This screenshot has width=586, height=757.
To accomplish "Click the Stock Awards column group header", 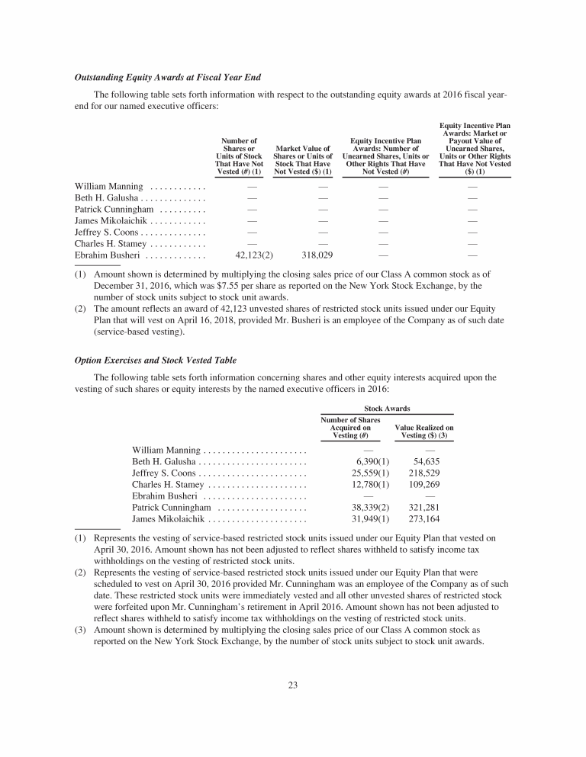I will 387,409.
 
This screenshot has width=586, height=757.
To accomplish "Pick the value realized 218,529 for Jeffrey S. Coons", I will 423,473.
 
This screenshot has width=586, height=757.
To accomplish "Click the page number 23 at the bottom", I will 293,685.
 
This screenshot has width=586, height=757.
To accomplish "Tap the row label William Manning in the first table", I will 108,186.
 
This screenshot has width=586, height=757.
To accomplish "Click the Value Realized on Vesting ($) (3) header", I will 423,431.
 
